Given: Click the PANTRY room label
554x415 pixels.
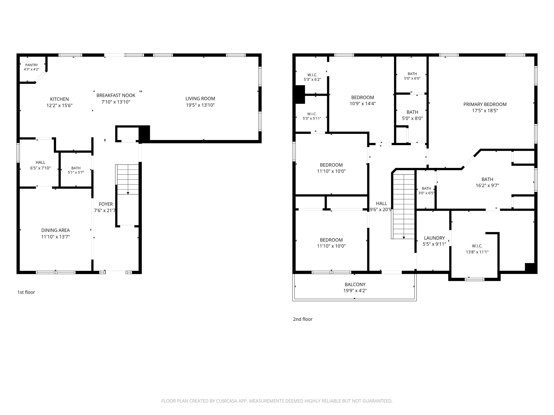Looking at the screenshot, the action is point(32,65).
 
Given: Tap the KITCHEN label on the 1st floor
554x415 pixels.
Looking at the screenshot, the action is point(59,99).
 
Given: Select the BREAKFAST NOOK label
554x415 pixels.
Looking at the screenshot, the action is point(116,95).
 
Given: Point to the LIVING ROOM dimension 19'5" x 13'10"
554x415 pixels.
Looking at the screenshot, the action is point(200,105).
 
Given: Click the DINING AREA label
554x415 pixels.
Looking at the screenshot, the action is point(56,230).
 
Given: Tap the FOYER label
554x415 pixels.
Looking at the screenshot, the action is point(106,204).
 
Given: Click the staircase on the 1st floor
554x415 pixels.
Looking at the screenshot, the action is point(127,179).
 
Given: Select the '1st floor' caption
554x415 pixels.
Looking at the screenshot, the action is point(26,292).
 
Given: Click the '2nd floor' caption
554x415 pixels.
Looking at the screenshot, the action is point(303,319).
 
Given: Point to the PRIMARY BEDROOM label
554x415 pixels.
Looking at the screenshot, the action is point(485,104).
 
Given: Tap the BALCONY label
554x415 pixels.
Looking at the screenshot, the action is point(355,284).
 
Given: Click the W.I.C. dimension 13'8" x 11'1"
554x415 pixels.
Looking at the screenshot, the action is point(477,252).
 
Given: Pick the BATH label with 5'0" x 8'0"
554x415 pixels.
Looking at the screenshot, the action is point(412,112).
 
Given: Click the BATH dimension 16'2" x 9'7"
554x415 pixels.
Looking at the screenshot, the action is point(487,185).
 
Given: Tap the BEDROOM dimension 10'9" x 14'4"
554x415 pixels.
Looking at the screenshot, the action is point(363,104).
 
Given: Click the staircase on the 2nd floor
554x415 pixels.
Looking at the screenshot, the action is point(403,206).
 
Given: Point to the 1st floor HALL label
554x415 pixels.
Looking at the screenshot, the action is point(41,162).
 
